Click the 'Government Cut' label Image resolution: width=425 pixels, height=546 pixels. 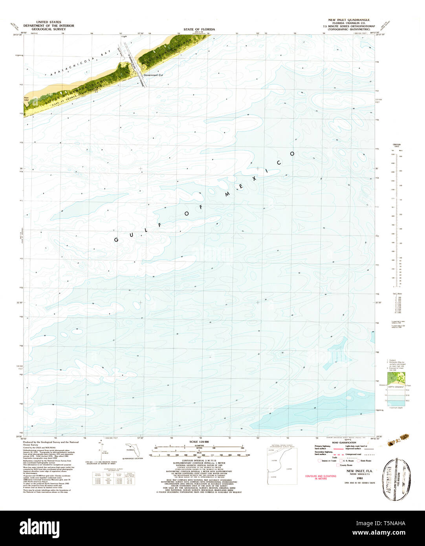[150, 75]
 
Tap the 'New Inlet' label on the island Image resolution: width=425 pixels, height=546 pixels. [26, 99]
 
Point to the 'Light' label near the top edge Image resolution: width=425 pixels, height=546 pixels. [125, 37]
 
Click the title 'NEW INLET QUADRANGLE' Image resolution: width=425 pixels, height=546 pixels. [349, 20]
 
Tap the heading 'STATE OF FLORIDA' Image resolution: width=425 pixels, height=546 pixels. [199, 29]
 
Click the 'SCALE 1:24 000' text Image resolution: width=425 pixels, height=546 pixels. [199, 442]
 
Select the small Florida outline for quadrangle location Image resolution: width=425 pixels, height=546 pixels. [130, 449]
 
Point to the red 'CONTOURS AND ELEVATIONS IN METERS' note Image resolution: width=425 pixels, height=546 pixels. [321, 477]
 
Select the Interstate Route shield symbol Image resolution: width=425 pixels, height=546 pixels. [319, 461]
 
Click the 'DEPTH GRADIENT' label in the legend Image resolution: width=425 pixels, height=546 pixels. [396, 387]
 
